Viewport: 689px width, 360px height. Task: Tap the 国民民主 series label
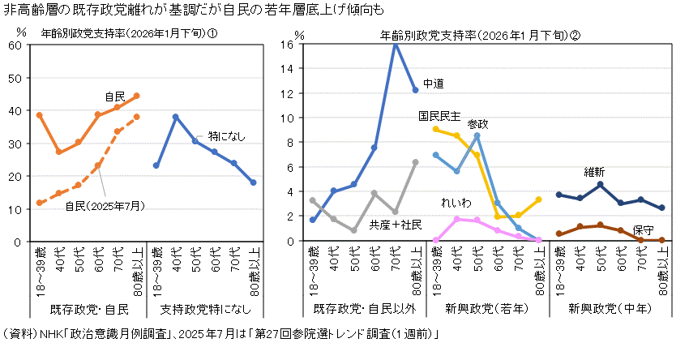pyautogui.click(x=439, y=115)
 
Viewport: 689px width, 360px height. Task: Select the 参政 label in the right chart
pyautogui.click(x=478, y=124)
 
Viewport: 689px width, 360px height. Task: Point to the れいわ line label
pyautogui.click(x=455, y=201)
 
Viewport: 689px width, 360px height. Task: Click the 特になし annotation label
pyautogui.click(x=226, y=135)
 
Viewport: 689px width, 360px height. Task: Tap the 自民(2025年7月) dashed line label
pyautogui.click(x=105, y=205)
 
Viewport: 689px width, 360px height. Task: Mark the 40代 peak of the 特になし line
pyautogui.click(x=175, y=117)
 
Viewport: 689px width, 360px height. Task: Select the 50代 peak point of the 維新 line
pyautogui.click(x=599, y=185)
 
